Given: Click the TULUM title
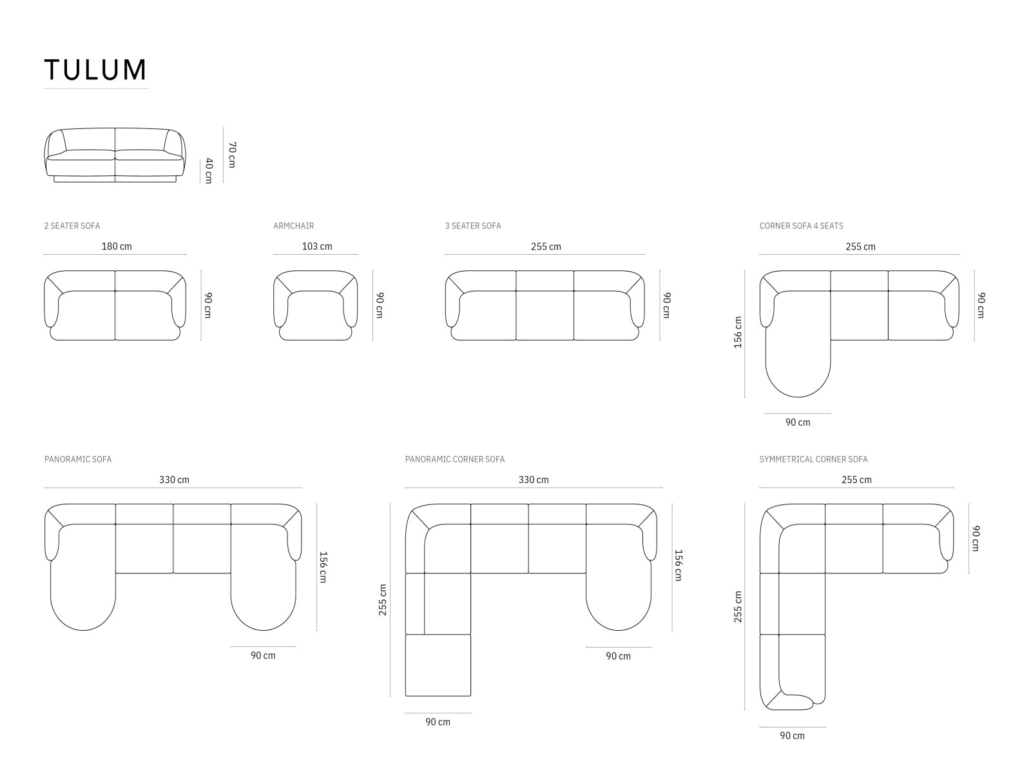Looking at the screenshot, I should (95, 70).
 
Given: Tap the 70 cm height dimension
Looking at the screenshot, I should (231, 155).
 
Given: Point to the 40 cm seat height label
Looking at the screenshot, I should (208, 170).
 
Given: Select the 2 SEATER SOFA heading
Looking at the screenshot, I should (72, 226).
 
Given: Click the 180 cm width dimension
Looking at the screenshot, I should (117, 246).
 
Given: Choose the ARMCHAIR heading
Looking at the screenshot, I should (293, 226).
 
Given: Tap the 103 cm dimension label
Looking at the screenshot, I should (317, 246).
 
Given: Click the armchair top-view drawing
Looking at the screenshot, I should (316, 306).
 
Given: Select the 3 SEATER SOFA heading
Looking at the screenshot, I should (472, 226).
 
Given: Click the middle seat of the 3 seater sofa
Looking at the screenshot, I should (544, 313).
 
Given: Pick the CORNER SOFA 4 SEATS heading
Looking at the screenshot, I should (801, 226).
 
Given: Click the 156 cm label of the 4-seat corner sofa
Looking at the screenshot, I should (738, 332).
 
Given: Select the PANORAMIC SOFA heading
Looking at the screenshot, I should (78, 459).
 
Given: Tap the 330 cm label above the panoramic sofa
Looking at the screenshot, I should (174, 480).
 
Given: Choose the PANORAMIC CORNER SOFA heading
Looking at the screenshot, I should (455, 459).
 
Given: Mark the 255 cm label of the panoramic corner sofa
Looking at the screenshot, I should (383, 600).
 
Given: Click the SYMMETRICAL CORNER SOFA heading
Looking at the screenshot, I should (813, 459).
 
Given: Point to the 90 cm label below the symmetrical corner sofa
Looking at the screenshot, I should (792, 735).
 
